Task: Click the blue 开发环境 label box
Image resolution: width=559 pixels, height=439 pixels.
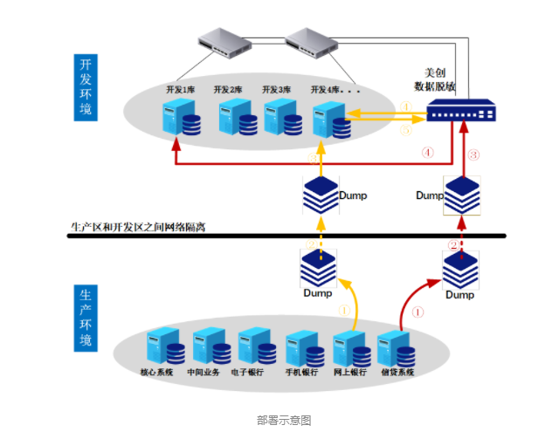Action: pyautogui.click(x=85, y=87)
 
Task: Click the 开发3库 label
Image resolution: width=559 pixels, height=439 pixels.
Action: pyautogui.click(x=276, y=89)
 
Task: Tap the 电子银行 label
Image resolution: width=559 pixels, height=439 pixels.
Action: pyautogui.click(x=247, y=372)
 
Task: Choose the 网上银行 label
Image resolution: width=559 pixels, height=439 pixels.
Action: pyautogui.click(x=349, y=372)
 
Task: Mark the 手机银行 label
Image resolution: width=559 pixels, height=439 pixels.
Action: pyautogui.click(x=300, y=372)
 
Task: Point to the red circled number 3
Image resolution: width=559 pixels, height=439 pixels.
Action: pyautogui.click(x=474, y=155)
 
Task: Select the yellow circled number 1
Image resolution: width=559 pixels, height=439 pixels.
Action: pyautogui.click(x=343, y=309)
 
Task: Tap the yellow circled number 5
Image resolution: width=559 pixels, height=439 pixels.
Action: pyautogui.click(x=405, y=130)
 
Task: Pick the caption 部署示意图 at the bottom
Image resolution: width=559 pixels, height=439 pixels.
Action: pyautogui.click(x=283, y=420)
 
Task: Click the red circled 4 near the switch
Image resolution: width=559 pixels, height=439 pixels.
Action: pyautogui.click(x=427, y=152)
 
